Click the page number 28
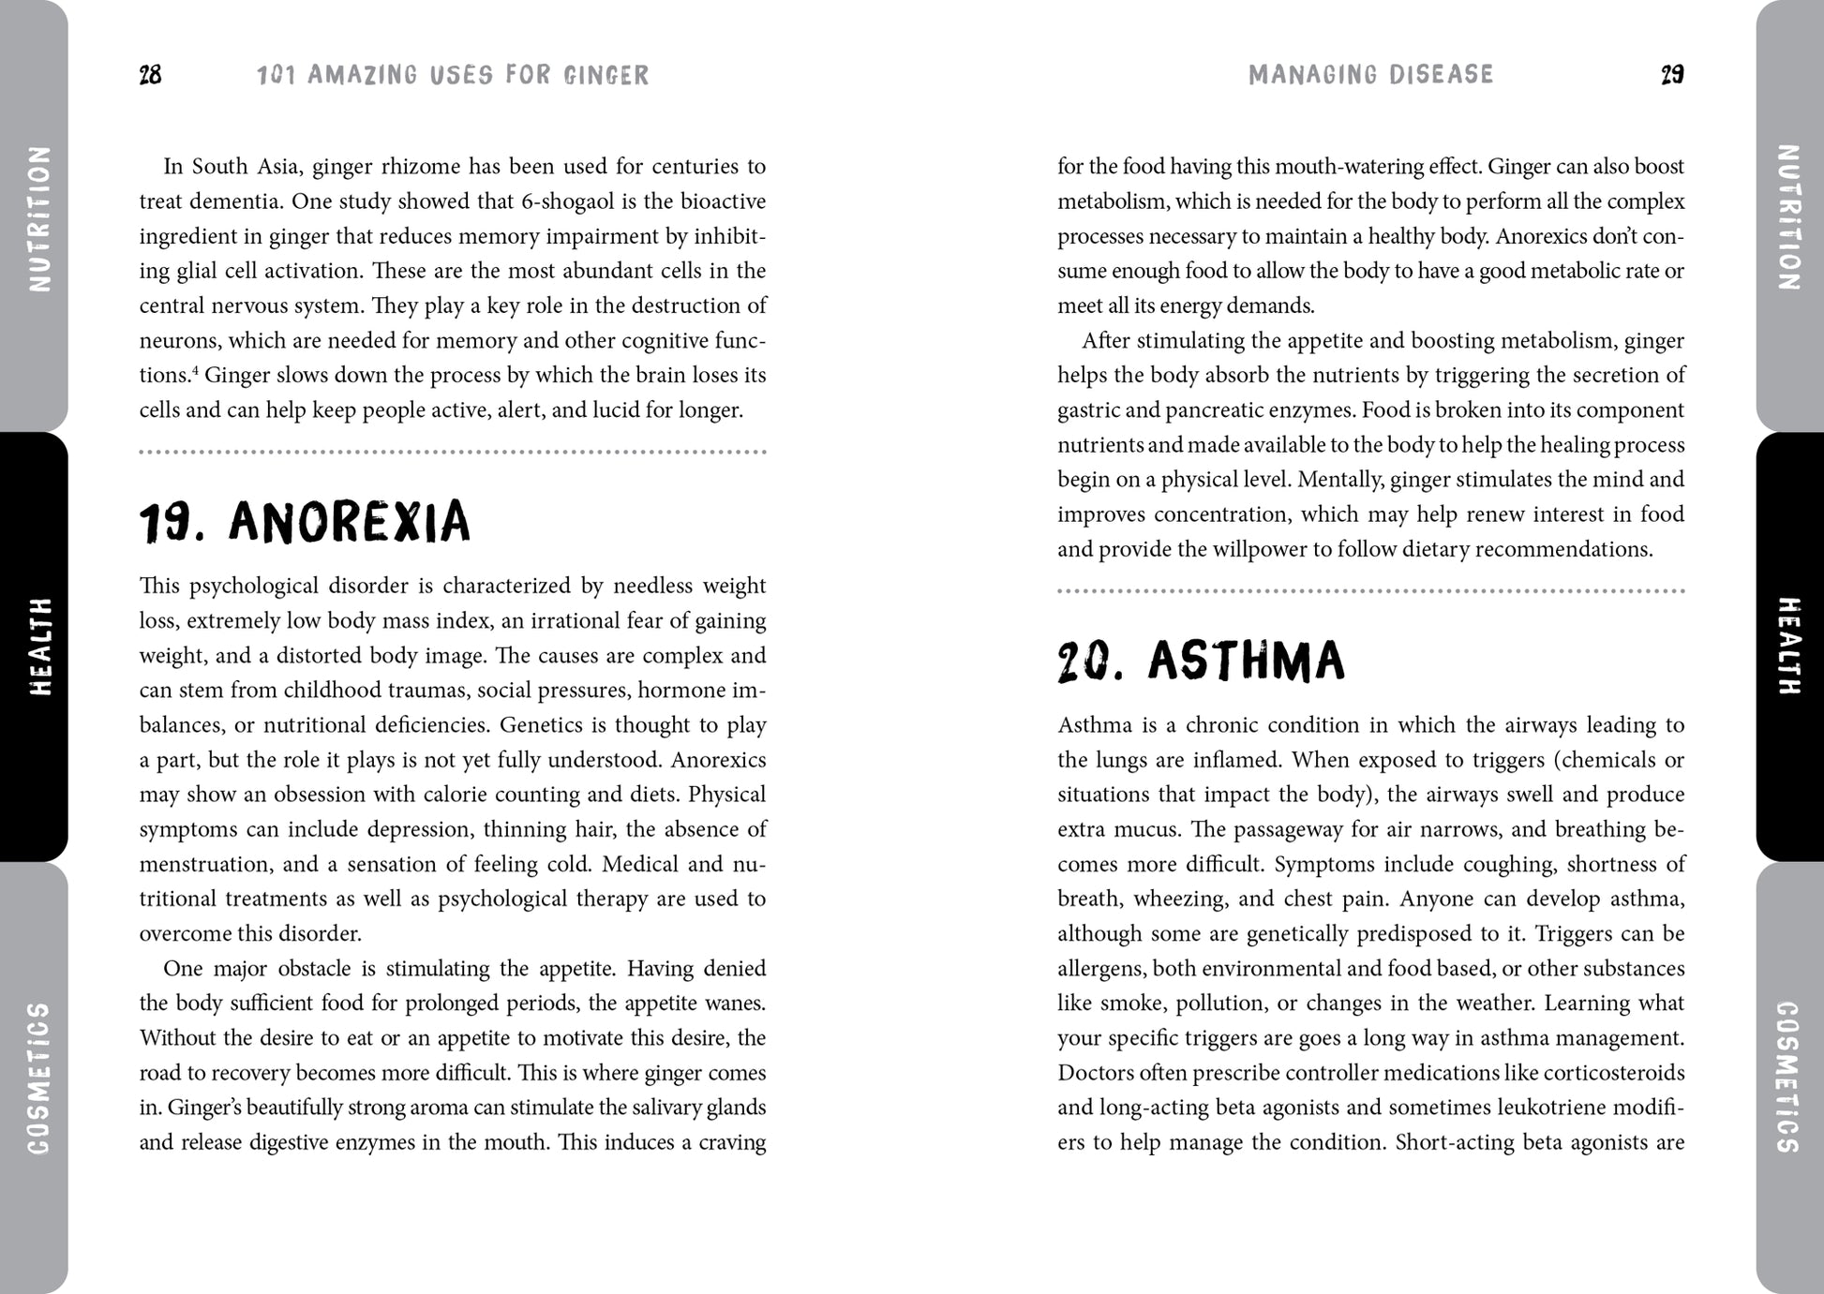(x=150, y=75)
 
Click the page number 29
(x=1672, y=75)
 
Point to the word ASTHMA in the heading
(x=1246, y=662)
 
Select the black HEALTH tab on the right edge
(x=1788, y=647)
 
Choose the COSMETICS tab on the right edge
(x=1788, y=1078)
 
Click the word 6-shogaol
(x=572, y=201)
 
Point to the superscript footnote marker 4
(x=195, y=371)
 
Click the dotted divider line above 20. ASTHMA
(x=1370, y=591)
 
